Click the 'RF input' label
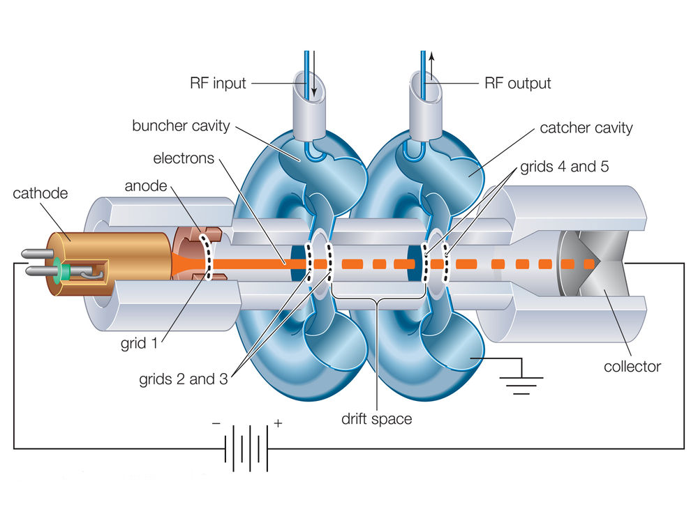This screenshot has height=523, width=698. pos(218,84)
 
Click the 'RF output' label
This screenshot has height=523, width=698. pos(517,84)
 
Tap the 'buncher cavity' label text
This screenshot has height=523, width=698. pos(180,126)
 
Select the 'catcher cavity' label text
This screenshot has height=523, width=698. pos(586,128)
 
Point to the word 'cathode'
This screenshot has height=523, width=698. pos(40,193)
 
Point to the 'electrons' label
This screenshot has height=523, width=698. pos(184,158)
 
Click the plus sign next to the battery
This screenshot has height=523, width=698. pos(278,424)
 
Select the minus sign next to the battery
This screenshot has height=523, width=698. pos(215,424)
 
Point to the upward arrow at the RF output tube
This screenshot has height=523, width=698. pos(431,70)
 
